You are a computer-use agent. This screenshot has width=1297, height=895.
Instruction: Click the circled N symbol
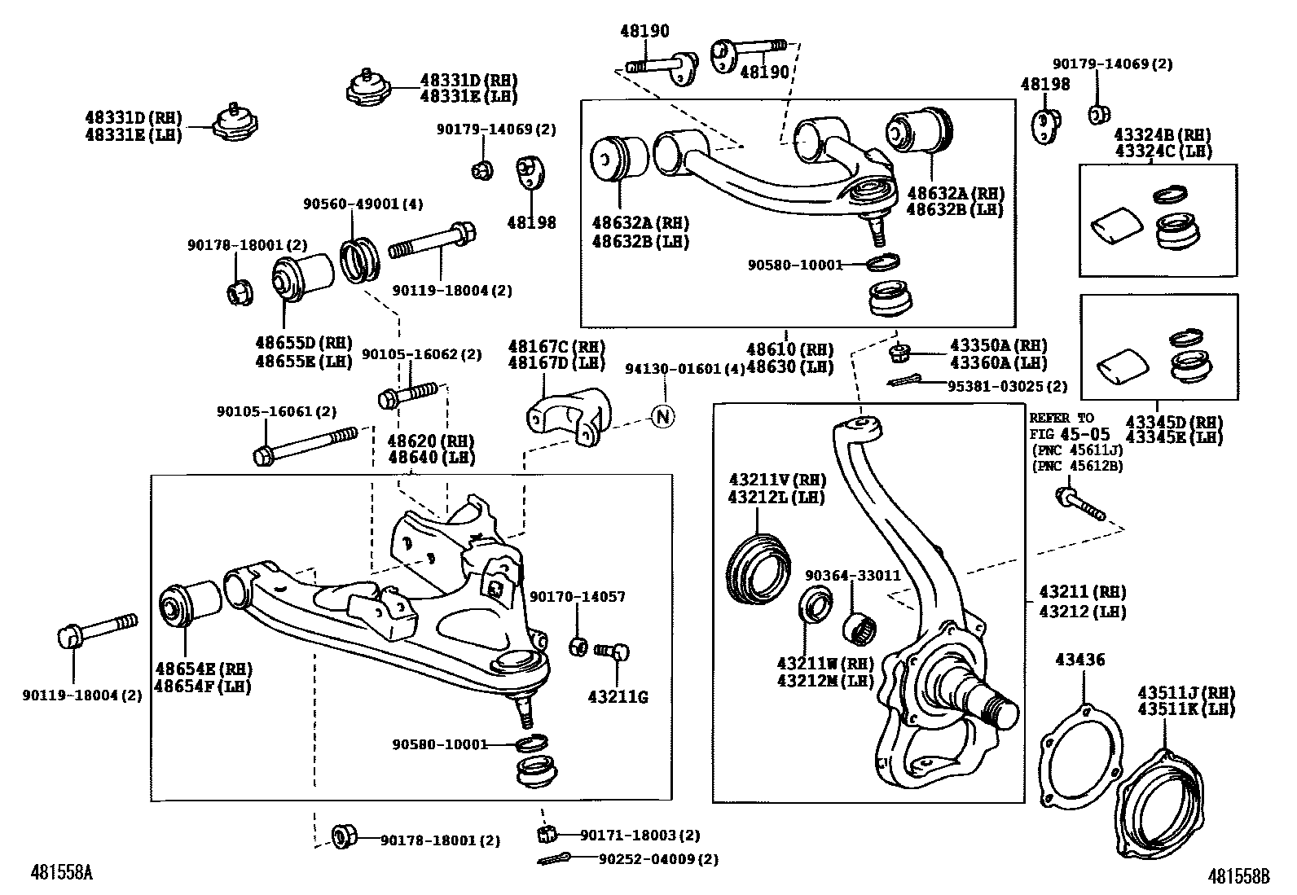(x=663, y=417)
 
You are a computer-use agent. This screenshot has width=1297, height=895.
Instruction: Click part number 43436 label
(x=1080, y=660)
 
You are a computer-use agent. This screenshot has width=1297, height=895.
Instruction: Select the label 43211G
(x=618, y=697)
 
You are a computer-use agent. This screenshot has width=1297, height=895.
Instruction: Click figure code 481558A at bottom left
(x=62, y=873)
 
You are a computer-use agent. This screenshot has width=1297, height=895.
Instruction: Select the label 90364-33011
(x=852, y=575)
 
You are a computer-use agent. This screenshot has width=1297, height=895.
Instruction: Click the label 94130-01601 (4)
(x=684, y=368)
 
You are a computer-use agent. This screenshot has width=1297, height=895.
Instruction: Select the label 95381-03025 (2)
(x=1007, y=386)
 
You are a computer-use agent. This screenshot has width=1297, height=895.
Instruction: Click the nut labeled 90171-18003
(x=547, y=834)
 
